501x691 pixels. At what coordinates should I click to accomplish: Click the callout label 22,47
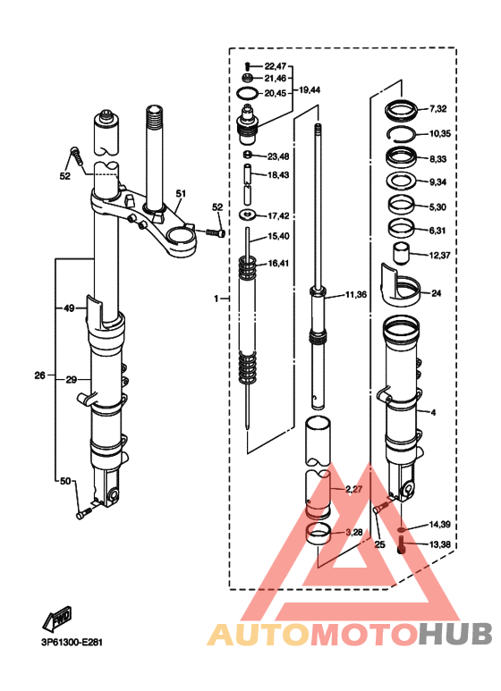tap(276, 66)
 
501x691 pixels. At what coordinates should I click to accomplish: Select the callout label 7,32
tap(438, 109)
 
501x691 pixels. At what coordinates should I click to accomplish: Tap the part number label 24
tap(437, 293)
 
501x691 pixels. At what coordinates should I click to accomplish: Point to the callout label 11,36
tap(355, 294)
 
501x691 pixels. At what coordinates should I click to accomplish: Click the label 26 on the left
tap(40, 375)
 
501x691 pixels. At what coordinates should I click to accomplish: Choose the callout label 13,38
tap(439, 544)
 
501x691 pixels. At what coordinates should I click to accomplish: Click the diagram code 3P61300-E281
tap(72, 643)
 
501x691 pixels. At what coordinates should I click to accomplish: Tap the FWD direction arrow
tap(57, 618)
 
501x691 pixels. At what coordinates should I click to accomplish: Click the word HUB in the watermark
tap(455, 634)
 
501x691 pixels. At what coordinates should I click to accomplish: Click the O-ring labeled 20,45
tap(249, 94)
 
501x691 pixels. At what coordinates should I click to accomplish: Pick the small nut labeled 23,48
tap(249, 156)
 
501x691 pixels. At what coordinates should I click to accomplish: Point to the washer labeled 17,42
tap(249, 215)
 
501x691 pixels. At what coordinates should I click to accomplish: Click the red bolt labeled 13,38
tap(402, 544)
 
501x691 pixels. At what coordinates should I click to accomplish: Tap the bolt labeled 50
tap(83, 513)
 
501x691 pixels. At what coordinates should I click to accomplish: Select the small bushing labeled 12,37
tap(400, 253)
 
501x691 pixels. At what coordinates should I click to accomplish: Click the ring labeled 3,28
tap(318, 533)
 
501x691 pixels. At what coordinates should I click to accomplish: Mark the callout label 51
tap(181, 193)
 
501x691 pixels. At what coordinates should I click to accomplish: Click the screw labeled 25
tap(380, 508)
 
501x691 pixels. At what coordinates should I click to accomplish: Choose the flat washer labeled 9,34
tap(401, 181)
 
